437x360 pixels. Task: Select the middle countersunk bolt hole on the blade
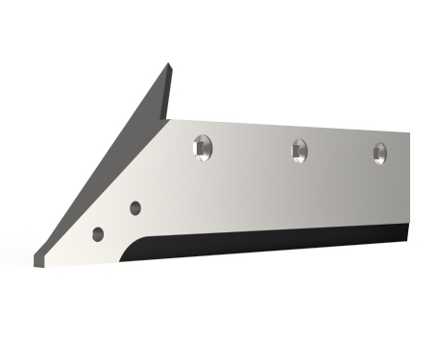[300, 149]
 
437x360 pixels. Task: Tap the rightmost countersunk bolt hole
[380, 152]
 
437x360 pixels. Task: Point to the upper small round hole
[134, 207]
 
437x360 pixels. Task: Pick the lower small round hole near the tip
[98, 233]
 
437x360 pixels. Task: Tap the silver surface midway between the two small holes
[116, 221]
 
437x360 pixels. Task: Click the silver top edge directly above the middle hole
[300, 126]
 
